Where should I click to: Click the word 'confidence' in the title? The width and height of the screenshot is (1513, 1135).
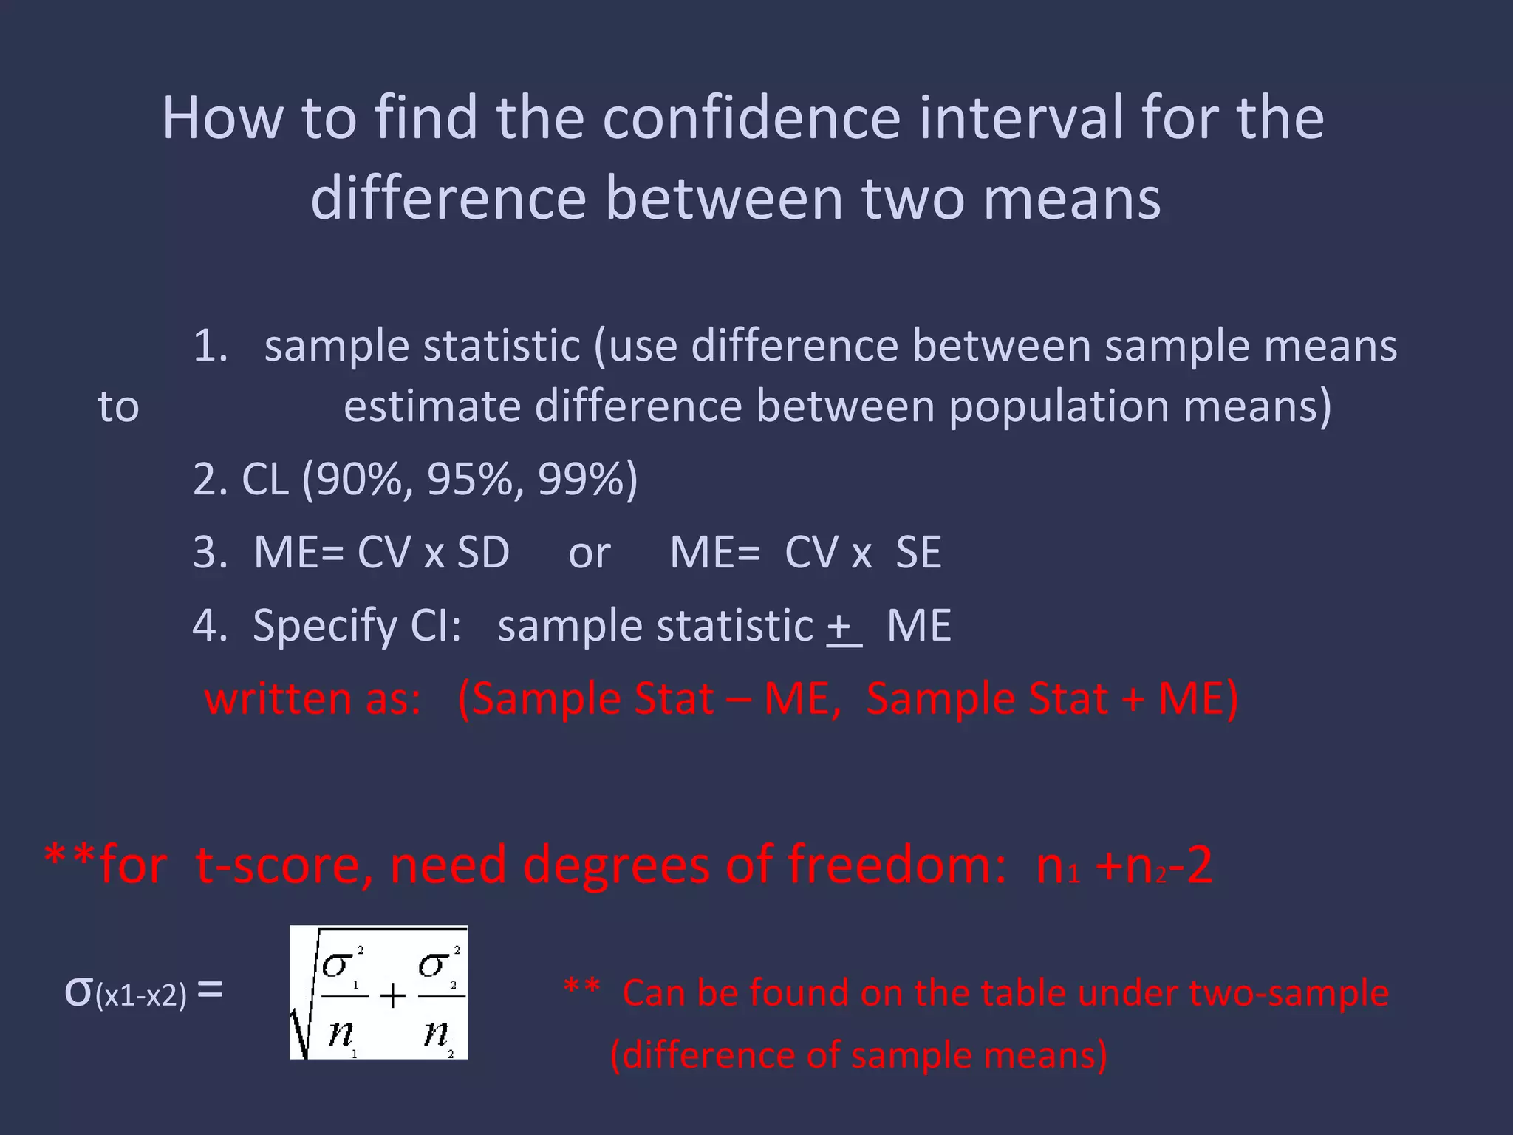click(x=751, y=117)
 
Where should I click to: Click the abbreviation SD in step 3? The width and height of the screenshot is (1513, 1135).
click(x=483, y=552)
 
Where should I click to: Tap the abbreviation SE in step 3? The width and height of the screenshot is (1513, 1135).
click(x=918, y=552)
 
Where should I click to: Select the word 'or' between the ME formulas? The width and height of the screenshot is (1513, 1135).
click(x=589, y=553)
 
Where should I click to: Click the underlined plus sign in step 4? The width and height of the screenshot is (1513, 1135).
click(x=842, y=627)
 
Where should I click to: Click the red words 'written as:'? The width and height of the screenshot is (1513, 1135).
click(x=312, y=698)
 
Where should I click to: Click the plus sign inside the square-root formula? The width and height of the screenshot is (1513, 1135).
click(x=392, y=996)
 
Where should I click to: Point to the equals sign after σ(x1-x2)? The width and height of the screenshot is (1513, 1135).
click(x=211, y=990)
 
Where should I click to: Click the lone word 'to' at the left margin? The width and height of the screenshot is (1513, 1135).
click(x=118, y=407)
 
